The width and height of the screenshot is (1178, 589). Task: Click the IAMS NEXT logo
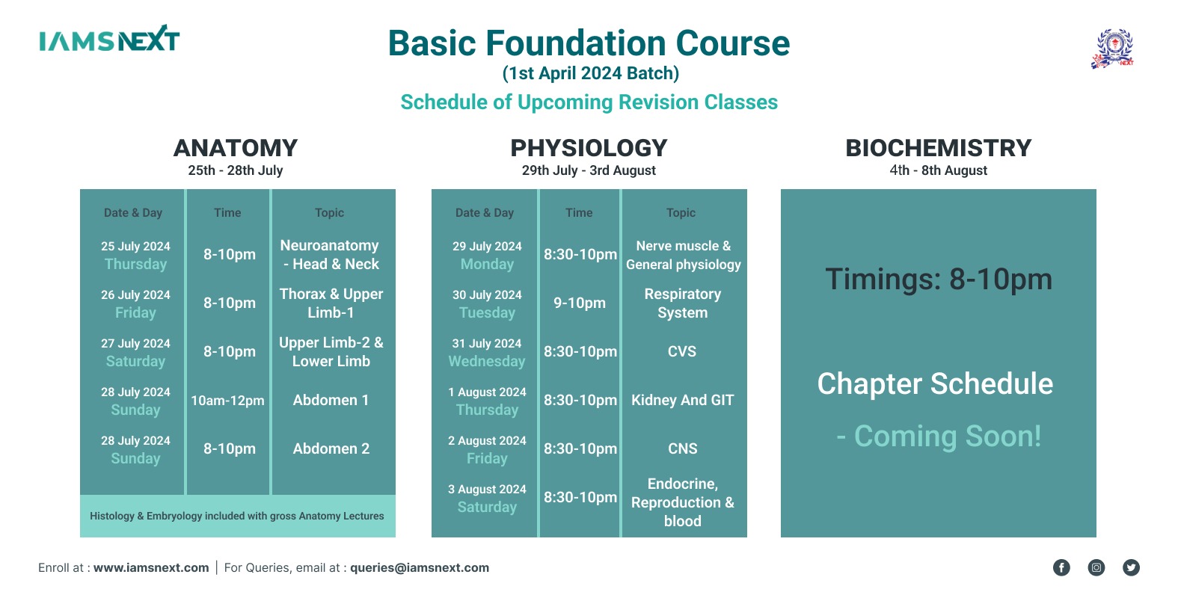[x=109, y=39]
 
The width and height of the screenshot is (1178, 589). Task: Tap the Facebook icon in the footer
[x=1061, y=567]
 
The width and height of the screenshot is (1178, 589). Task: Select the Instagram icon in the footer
[x=1096, y=567]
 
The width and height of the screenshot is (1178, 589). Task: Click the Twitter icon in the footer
[x=1131, y=567]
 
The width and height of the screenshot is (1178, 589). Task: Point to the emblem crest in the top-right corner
[x=1113, y=49]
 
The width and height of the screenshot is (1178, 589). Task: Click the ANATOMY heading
[x=236, y=148]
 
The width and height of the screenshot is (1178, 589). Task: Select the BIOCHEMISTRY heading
[x=938, y=148]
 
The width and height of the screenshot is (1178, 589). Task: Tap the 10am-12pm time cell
[x=227, y=401]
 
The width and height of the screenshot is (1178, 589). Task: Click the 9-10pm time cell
[x=580, y=303]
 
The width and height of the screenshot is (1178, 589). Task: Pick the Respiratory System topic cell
[x=683, y=303]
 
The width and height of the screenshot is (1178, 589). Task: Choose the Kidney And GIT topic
[x=683, y=401]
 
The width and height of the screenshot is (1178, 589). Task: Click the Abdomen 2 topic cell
[x=331, y=448]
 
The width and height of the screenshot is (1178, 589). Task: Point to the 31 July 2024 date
[x=487, y=344]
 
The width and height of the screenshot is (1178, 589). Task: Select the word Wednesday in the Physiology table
[x=487, y=362]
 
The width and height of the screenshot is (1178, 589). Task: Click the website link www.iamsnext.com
[x=151, y=567]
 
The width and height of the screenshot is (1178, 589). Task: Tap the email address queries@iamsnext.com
[x=420, y=567]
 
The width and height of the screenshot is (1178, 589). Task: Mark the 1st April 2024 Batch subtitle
[x=591, y=73]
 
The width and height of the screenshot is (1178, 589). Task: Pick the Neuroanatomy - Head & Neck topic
[x=331, y=255]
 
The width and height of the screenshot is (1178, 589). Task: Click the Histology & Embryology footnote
[x=236, y=516]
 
